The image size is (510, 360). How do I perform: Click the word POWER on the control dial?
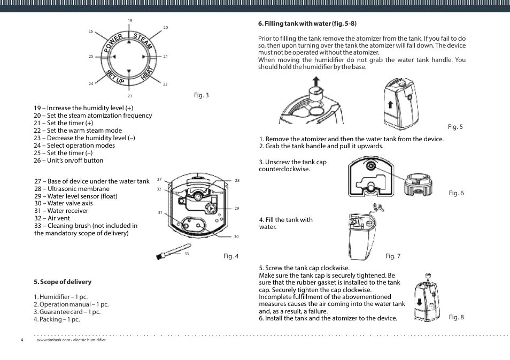coord(114,43)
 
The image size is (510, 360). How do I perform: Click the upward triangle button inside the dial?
coord(129,42)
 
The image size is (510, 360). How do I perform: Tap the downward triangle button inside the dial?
coord(129,71)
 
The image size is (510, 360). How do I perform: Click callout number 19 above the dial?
coord(129,21)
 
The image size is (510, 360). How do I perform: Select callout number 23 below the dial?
coord(129,96)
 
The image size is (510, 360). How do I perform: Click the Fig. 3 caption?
coord(201,96)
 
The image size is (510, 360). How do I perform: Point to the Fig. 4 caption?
coord(231,256)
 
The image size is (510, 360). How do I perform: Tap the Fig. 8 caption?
coord(456,317)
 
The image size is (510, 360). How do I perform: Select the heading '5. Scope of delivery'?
coord(63,282)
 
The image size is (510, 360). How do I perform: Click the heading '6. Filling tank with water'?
coord(307,24)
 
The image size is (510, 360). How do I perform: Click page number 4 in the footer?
coord(22,340)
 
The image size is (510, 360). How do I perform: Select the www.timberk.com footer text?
coord(71,340)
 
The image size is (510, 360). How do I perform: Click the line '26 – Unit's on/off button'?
coord(68,160)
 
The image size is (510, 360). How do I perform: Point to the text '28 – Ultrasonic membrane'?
coord(72,189)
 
